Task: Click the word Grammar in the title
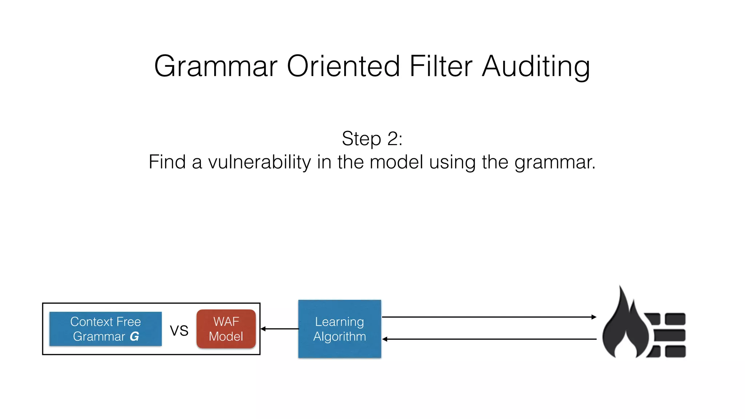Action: point(216,67)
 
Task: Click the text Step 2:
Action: point(372,139)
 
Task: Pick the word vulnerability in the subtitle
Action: point(259,162)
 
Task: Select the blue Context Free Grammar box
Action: point(105,329)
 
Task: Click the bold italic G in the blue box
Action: point(134,337)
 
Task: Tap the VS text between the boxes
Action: point(179,331)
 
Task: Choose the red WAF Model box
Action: point(226,329)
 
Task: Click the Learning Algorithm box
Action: point(339,329)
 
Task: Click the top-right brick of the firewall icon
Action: point(675,319)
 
